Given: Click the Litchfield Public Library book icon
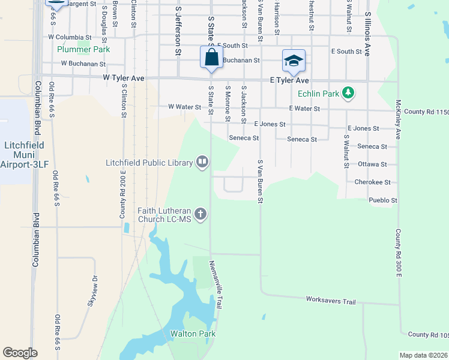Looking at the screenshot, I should (202, 162).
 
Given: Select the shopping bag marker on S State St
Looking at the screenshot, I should (211, 58).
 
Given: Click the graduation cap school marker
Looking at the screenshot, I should (294, 60).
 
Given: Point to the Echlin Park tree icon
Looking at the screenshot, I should (348, 93).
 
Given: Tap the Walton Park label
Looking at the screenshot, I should (193, 334).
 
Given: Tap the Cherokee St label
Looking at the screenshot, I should (372, 182).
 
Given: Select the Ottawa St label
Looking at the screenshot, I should (372, 164).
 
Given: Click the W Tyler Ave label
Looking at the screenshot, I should (124, 78).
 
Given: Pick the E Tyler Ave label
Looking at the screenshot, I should (289, 80).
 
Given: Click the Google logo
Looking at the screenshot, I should (20, 353).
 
